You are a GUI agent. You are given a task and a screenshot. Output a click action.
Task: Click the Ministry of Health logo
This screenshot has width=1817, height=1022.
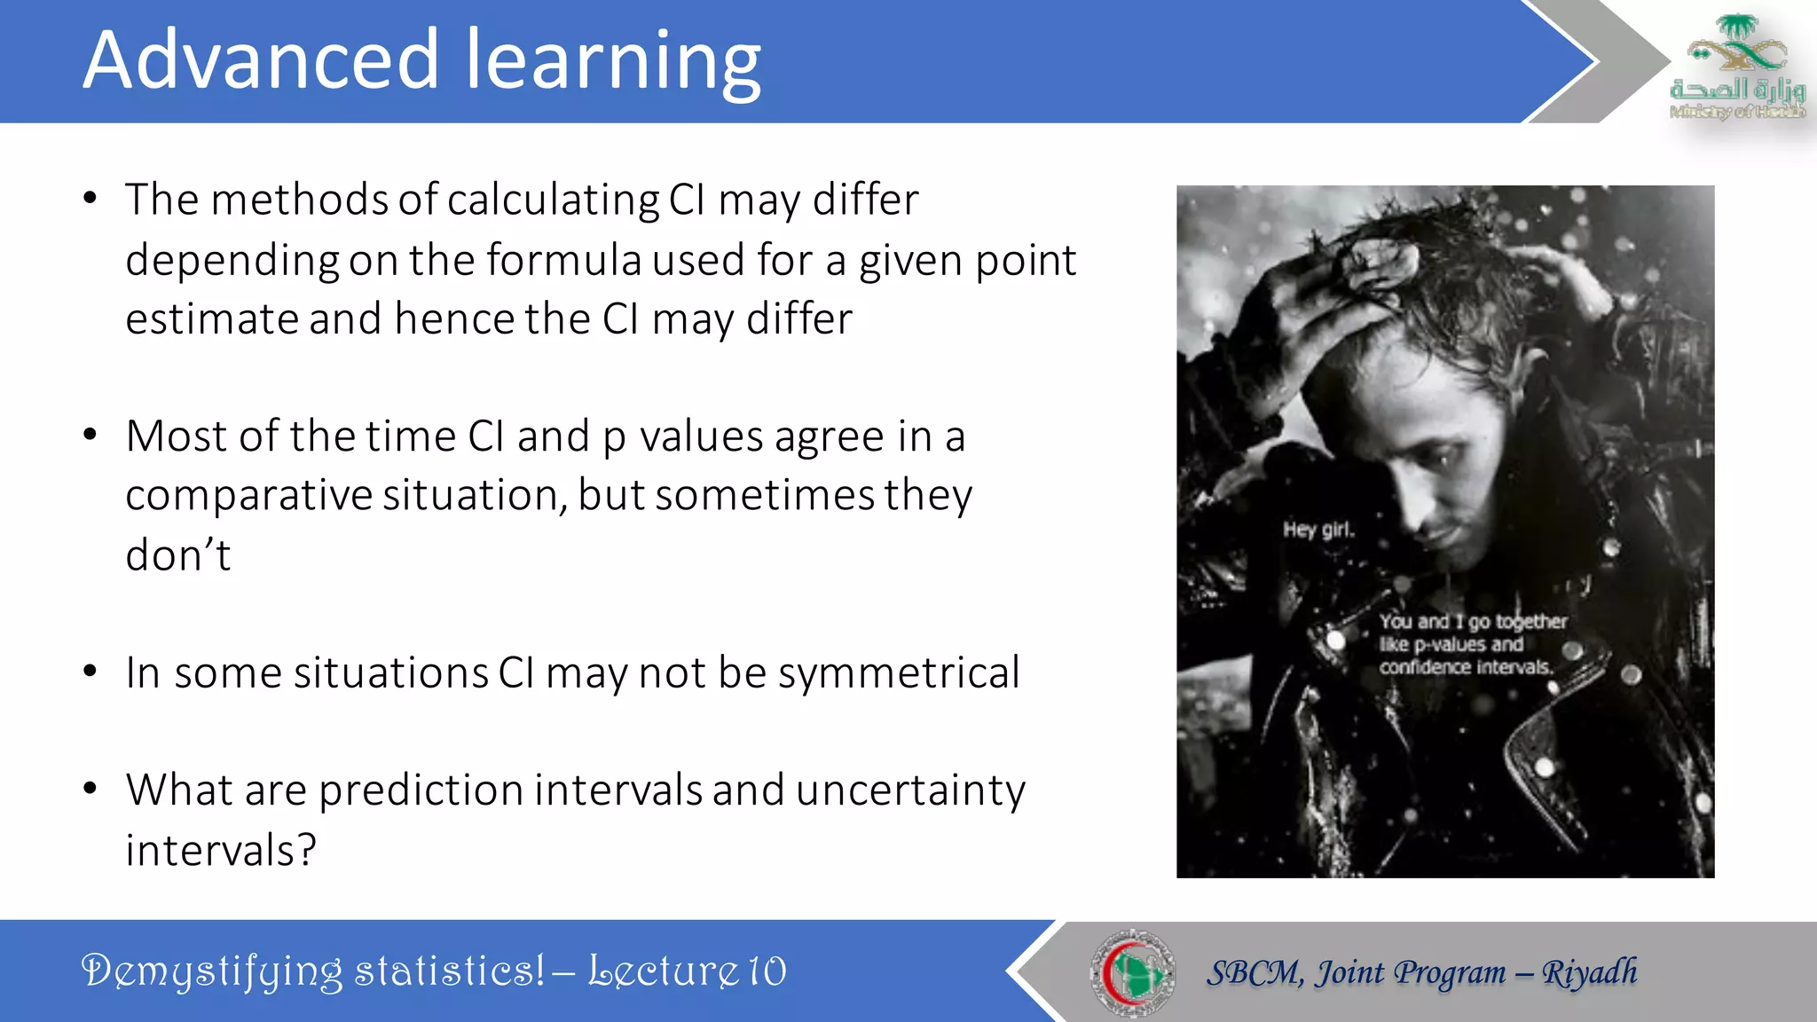coord(1736,66)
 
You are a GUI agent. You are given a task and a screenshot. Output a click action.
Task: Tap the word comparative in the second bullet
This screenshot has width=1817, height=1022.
coord(248,495)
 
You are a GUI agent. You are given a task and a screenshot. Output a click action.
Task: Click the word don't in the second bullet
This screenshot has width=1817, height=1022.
coord(177,555)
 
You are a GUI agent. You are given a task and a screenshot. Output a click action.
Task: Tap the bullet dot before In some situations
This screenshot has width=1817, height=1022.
coord(90,672)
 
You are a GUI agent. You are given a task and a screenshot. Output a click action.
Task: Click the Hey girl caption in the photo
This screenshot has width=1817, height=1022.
coord(1318,530)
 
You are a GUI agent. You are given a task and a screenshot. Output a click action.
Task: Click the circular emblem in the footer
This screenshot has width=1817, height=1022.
coord(1132,972)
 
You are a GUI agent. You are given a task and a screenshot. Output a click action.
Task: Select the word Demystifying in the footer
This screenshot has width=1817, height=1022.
coord(212,971)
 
